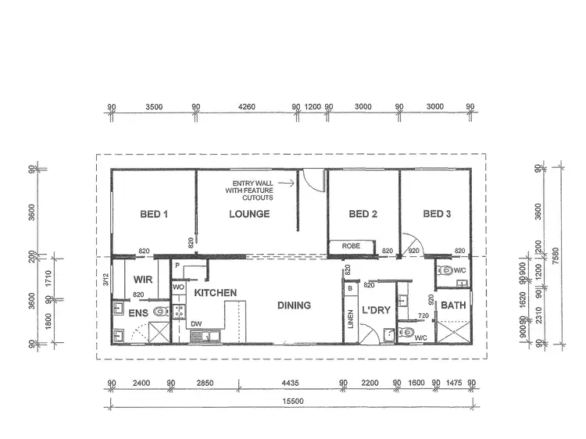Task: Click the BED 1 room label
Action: (x=154, y=214)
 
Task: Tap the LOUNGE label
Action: (x=249, y=214)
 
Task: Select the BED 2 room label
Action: (x=363, y=214)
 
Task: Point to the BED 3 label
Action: (x=438, y=214)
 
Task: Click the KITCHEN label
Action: (x=216, y=292)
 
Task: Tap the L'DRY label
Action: (x=376, y=311)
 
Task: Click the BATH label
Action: (x=453, y=305)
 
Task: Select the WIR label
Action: (x=142, y=278)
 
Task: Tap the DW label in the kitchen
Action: (x=195, y=323)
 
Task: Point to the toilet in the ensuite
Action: (x=159, y=312)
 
